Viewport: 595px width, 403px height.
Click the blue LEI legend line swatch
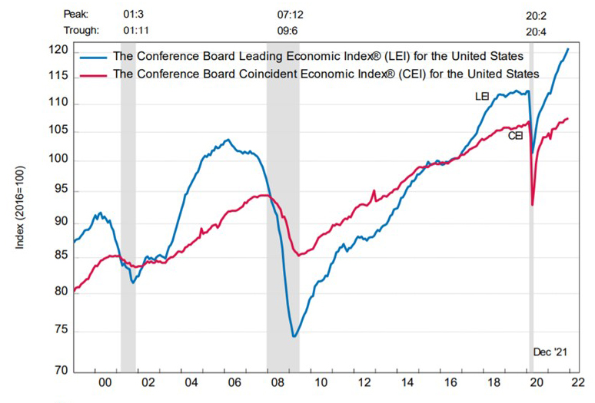(x=94, y=56)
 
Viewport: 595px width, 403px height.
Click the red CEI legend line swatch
(x=94, y=74)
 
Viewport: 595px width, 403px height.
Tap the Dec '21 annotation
(x=550, y=352)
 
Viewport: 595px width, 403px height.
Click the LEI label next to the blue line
(x=482, y=97)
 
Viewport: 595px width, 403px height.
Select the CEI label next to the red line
(x=515, y=135)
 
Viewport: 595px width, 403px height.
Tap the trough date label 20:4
(x=537, y=31)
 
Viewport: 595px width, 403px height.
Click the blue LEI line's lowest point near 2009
(x=294, y=336)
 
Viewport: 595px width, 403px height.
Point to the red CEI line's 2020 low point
(x=533, y=205)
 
